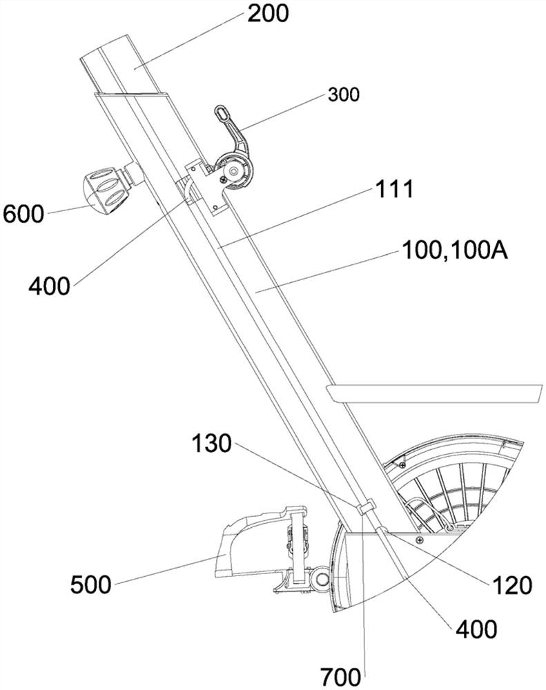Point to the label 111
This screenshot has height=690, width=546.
point(396,189)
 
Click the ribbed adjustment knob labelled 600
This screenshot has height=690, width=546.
point(105,186)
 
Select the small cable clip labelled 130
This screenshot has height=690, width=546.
point(365,508)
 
